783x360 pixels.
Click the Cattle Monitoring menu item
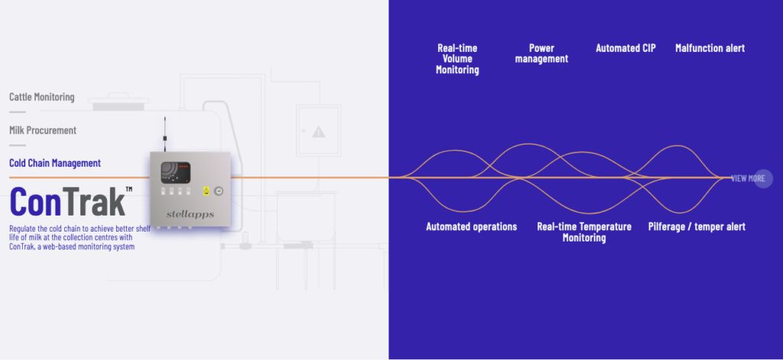(x=42, y=97)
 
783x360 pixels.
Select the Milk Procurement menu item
(x=43, y=130)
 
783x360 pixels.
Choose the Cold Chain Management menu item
(x=55, y=163)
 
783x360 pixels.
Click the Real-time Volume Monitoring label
(x=457, y=59)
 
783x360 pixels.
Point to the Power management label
(x=541, y=54)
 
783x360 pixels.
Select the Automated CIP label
(x=625, y=48)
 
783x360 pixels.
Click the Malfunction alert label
(x=710, y=48)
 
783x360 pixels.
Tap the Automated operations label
(x=471, y=226)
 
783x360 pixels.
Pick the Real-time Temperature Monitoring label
(x=584, y=232)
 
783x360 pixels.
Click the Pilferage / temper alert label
(x=697, y=226)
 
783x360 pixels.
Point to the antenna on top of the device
(x=164, y=136)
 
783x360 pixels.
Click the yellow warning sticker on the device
(x=204, y=191)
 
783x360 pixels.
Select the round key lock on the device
(x=219, y=191)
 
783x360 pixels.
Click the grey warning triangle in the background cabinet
(x=318, y=132)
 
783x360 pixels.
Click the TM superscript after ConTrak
(x=128, y=189)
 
